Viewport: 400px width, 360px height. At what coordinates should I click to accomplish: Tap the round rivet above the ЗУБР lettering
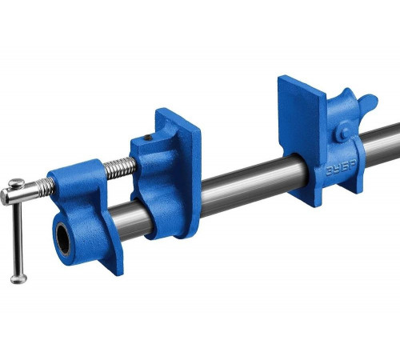(x=343, y=133)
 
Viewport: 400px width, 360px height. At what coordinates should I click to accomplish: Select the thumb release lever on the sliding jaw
(x=367, y=103)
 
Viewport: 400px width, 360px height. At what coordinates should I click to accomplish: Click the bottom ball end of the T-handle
(x=18, y=278)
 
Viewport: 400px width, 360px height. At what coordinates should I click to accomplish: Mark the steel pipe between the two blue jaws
(x=240, y=184)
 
